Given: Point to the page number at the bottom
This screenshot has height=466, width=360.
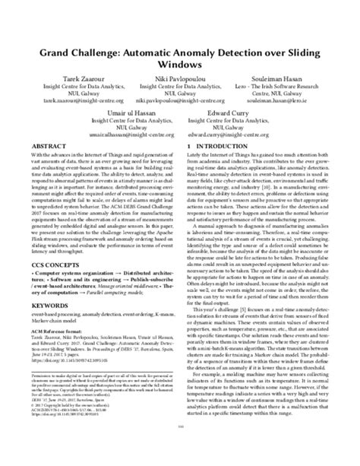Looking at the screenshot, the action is [x=180, y=449].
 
